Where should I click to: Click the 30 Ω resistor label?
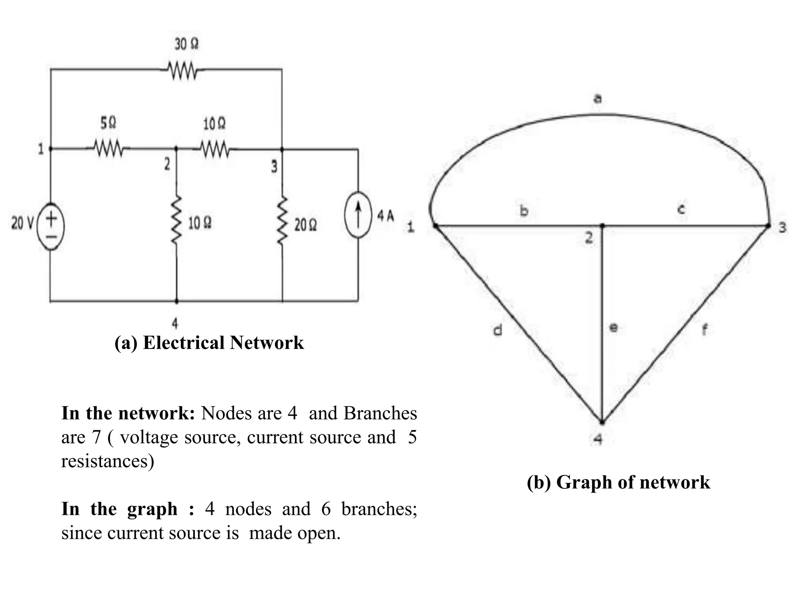(186, 44)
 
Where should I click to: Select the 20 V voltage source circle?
(51, 226)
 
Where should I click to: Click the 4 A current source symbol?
(358, 215)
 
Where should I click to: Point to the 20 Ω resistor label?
(305, 225)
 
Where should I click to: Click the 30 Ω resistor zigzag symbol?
(183, 71)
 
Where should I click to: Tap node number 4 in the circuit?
(175, 323)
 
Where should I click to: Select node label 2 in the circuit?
(167, 165)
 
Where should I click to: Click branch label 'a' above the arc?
(597, 98)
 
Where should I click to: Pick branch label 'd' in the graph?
(498, 330)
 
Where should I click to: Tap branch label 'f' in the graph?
(704, 330)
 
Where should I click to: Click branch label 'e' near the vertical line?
(613, 328)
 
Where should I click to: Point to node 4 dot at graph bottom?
(602, 422)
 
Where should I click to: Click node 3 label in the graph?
(782, 227)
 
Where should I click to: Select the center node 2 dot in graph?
(602, 225)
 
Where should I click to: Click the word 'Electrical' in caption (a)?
(184, 343)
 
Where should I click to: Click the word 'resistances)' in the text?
(108, 461)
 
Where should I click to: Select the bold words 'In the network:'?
(128, 413)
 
